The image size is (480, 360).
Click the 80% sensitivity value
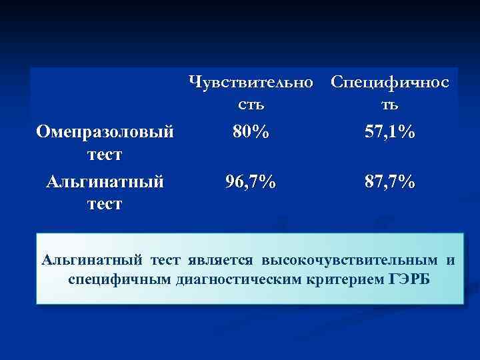[x=251, y=133]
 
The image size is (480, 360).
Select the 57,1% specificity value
[x=390, y=133]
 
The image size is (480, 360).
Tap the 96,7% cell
[x=251, y=181]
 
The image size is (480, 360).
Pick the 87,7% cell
[x=390, y=181]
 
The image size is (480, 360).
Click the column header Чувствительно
[x=251, y=83]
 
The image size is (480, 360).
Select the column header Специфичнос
[x=390, y=83]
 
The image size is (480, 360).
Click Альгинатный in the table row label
[x=105, y=181]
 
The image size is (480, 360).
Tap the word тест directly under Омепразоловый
[x=105, y=155]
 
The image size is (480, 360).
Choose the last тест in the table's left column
[x=105, y=203]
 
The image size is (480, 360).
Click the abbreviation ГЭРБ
[x=409, y=278]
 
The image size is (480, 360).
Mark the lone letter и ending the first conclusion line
[x=451, y=259]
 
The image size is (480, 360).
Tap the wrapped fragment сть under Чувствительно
[x=251, y=105]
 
